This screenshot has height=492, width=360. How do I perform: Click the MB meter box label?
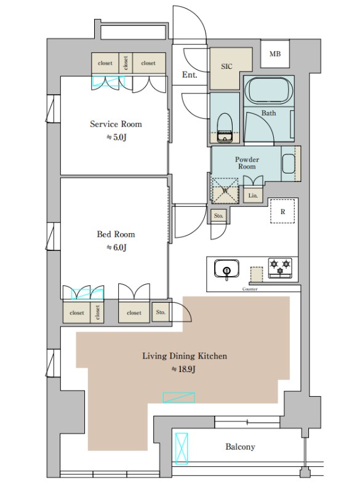pos(275,54)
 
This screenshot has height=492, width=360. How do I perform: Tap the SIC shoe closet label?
pos(226,66)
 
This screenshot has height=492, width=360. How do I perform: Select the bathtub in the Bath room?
pos(269,90)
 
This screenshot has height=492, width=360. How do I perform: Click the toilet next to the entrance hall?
pos(225,127)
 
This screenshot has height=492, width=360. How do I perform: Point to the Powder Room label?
pos(247,163)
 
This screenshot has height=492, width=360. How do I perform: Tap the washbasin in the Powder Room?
pos(289,164)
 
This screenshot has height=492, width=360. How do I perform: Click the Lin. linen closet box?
pos(253,196)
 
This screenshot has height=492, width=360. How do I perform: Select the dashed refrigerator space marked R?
pos(282,211)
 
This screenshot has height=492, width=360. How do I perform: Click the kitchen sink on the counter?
pos(226,268)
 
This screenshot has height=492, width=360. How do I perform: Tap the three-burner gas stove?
pos(280,268)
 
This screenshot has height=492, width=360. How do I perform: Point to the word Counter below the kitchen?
pos(250,289)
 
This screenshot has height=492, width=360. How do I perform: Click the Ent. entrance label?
pos(190,74)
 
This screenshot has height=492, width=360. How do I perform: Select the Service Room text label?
pos(116,124)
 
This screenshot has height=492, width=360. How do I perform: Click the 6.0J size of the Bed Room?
pos(117,248)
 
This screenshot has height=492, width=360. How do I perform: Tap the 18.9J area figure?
pos(183,370)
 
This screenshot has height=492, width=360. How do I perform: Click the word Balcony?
pos(240,446)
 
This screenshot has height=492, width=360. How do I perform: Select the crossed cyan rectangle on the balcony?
pos(182,448)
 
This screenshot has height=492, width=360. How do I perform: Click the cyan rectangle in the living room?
pos(179,397)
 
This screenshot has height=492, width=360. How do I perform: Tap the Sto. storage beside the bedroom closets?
pos(161,312)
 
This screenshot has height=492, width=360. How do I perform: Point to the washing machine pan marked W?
pos(225,191)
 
